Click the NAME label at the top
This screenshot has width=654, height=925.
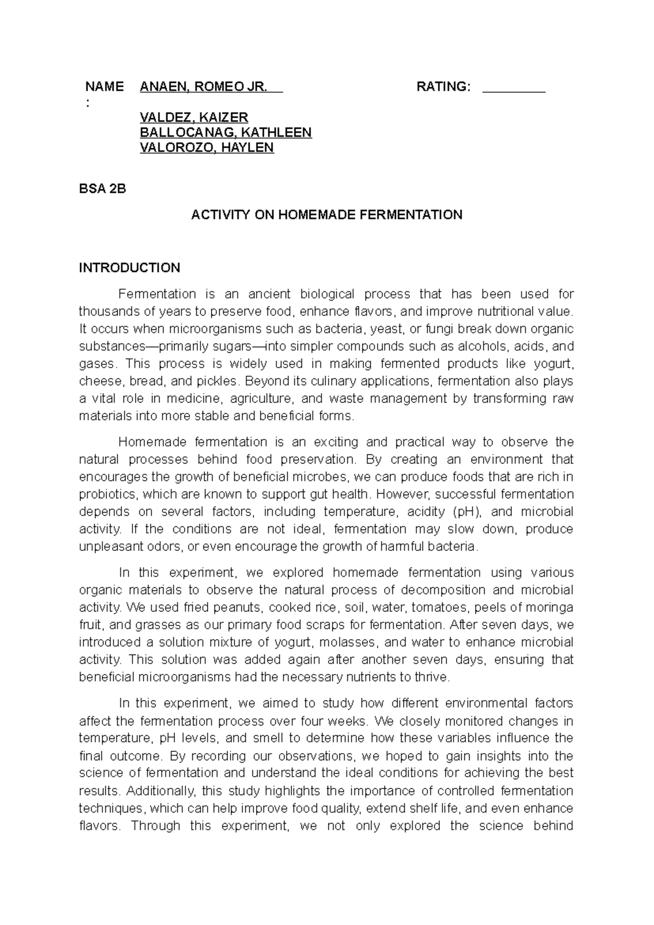104,87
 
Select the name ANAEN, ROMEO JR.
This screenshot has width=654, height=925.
203,87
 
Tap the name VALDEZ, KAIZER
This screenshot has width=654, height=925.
194,117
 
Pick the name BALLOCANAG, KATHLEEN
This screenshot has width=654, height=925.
226,133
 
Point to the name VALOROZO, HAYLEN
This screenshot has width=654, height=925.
207,148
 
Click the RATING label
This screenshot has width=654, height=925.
443,87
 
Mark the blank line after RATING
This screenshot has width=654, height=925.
514,88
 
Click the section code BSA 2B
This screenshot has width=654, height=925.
102,189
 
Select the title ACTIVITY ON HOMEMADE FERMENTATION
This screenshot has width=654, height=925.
326,215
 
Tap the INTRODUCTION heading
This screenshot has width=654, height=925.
130,268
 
